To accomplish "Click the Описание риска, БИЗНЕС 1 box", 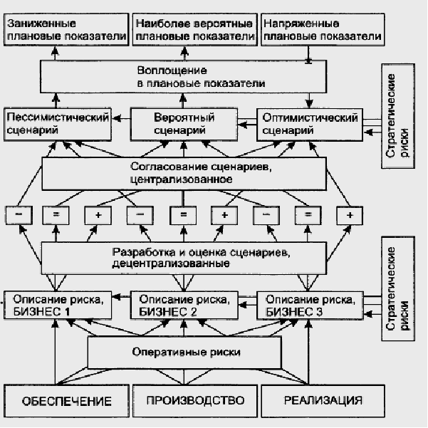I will (x=58, y=304).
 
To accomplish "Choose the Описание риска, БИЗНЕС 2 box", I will (x=184, y=304).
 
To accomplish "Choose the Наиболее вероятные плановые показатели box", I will (x=194, y=29).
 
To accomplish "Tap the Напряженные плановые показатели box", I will (x=322, y=29).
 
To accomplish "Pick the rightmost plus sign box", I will (x=349, y=214).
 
